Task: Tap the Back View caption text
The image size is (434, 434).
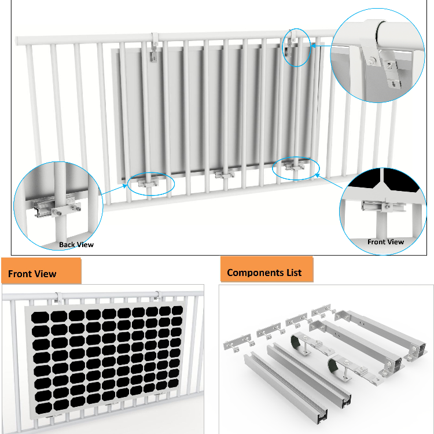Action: tap(76, 245)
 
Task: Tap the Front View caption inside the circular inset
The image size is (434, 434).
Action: tap(385, 242)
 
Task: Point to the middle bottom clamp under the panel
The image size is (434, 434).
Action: tap(225, 174)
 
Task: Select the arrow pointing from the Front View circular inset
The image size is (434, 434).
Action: tap(329, 181)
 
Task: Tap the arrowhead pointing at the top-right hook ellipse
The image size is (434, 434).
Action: tap(313, 46)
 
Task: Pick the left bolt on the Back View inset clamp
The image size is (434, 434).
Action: tap(58, 213)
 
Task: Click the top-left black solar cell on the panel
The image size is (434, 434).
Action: tap(40, 318)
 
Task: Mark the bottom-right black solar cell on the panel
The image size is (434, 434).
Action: tap(173, 382)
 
